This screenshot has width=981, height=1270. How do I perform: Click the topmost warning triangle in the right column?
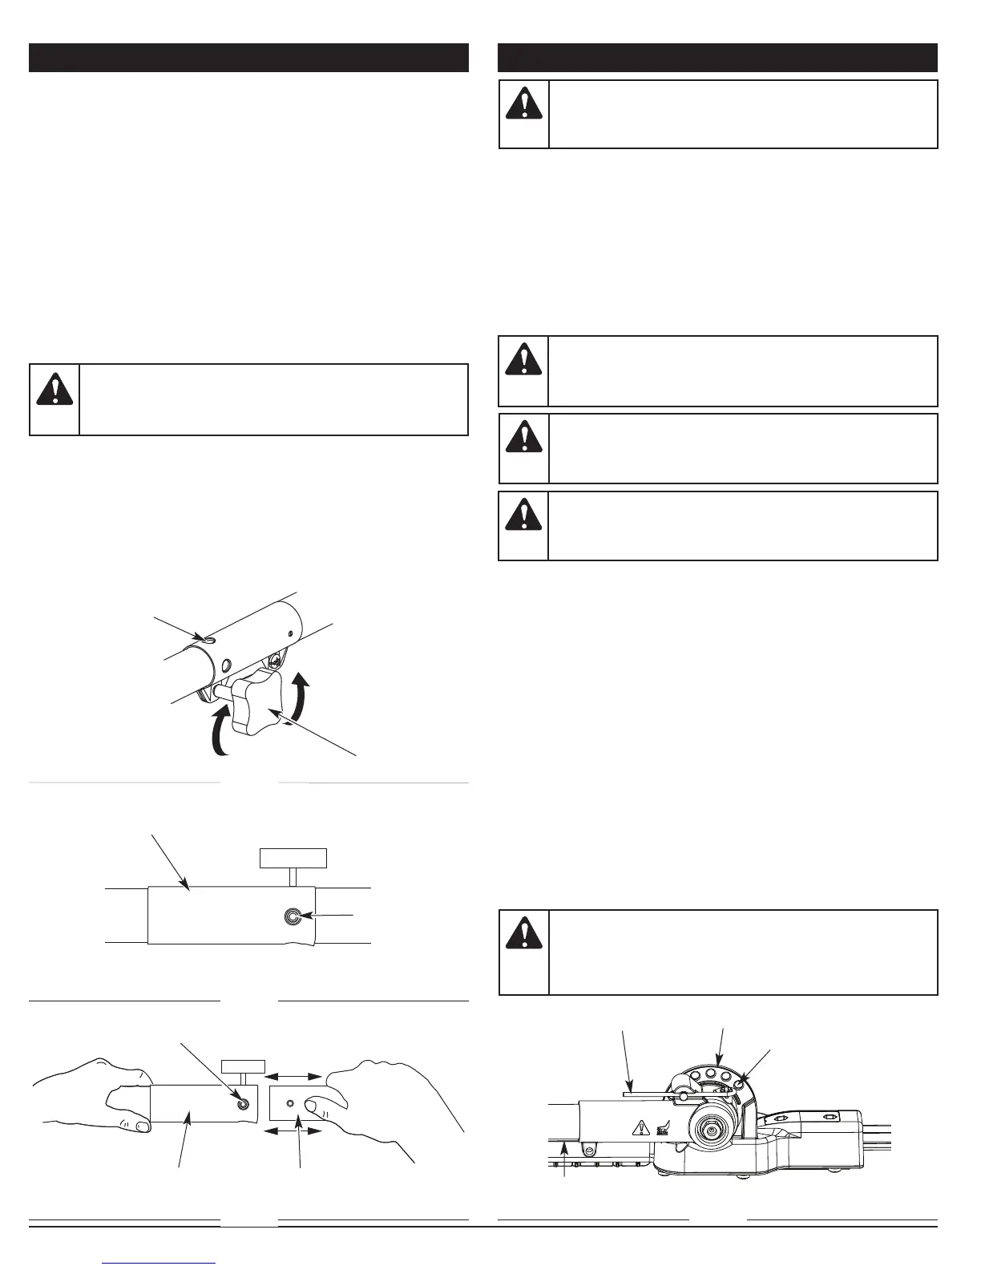click(x=524, y=102)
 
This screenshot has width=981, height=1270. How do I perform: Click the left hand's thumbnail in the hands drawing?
click(x=142, y=1126)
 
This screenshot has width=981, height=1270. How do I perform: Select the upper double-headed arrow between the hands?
click(x=293, y=1076)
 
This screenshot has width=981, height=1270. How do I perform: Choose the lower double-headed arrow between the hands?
click(x=293, y=1131)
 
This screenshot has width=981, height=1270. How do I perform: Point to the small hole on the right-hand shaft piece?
click(x=290, y=1104)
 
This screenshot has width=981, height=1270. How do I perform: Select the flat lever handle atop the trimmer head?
click(x=653, y=1091)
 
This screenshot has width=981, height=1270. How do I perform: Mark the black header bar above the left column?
click(x=248, y=58)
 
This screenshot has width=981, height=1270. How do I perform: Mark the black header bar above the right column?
click(x=717, y=58)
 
